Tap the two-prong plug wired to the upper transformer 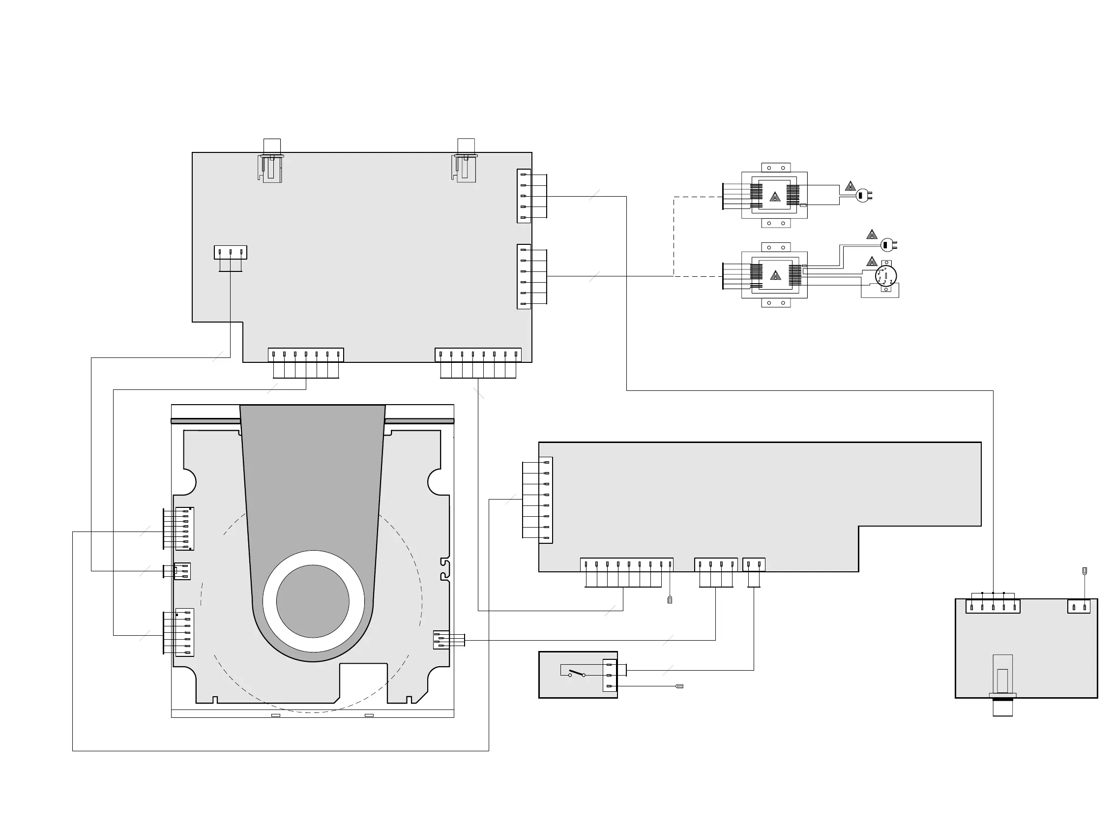[863, 195]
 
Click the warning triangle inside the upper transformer [775, 197]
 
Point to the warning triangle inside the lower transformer [775, 275]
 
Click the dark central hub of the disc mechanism [313, 601]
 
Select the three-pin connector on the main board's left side [230, 252]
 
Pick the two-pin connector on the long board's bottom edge [754, 564]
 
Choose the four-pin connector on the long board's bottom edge [716, 564]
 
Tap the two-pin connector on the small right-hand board [1079, 607]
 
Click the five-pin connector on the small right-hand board [993, 607]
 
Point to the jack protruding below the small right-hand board [1002, 708]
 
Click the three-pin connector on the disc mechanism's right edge [441, 640]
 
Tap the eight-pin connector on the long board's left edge [546, 500]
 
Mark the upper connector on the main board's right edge [524, 196]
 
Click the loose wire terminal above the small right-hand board [1084, 571]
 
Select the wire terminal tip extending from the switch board [679, 686]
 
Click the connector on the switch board [610, 675]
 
